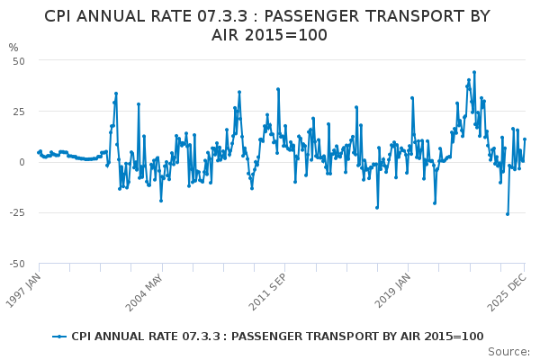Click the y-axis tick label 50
tap(18, 60)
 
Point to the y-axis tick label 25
tap(18, 112)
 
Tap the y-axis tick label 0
tap(22, 162)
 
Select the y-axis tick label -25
tap(16, 213)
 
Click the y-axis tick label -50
tap(16, 264)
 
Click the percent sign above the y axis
tap(13, 47)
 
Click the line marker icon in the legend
tap(59, 337)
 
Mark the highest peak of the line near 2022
tap(474, 72)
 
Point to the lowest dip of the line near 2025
tap(508, 214)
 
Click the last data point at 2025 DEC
tap(525, 139)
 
